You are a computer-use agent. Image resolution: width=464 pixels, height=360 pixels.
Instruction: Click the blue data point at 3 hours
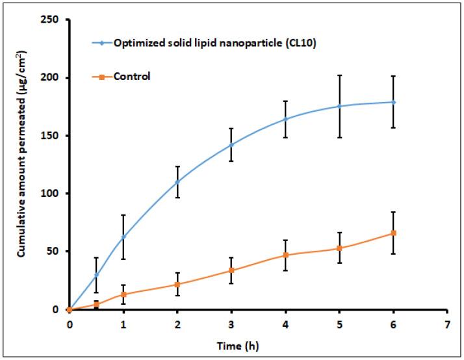[x=231, y=144]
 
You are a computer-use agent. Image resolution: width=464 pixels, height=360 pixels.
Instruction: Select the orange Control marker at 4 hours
[x=285, y=255]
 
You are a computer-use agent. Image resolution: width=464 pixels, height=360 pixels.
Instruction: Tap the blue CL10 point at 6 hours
[x=393, y=102]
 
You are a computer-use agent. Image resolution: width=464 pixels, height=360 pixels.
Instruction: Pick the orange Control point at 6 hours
[x=393, y=233]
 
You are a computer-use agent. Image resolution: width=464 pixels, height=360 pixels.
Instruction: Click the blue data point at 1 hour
[x=123, y=237]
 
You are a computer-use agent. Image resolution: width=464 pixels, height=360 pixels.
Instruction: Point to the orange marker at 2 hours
[x=177, y=284]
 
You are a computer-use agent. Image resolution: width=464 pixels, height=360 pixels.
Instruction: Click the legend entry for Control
[x=132, y=77]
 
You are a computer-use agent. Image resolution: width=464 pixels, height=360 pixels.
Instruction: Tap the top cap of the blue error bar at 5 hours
[x=339, y=75]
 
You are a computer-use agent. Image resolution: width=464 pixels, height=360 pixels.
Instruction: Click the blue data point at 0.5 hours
[x=96, y=275]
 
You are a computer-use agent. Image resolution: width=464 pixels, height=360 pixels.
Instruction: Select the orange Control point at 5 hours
[x=339, y=248]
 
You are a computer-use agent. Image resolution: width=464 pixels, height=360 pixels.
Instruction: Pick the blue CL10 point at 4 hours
[x=285, y=119]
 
